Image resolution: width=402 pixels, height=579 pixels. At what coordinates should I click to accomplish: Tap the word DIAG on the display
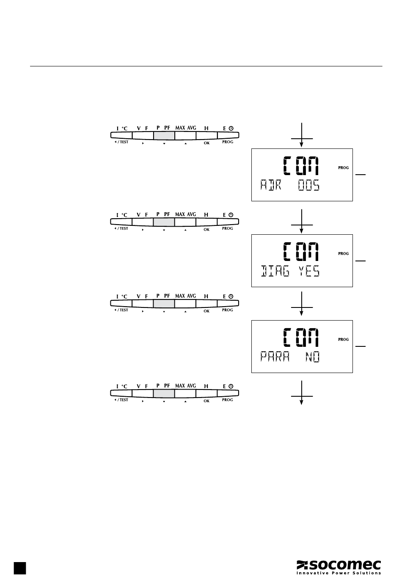click(275, 271)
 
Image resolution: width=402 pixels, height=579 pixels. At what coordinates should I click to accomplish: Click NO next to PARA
click(313, 357)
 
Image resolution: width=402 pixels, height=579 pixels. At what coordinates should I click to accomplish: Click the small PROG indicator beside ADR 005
click(343, 168)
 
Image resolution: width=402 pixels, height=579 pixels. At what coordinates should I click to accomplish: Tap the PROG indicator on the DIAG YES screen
click(343, 254)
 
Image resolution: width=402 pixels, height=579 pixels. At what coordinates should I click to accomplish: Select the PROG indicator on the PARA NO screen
click(343, 340)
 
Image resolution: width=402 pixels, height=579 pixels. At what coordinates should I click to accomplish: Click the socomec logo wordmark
click(339, 565)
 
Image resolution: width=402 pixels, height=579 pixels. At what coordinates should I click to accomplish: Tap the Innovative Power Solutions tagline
click(339, 573)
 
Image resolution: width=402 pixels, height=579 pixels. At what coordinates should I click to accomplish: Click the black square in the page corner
click(19, 568)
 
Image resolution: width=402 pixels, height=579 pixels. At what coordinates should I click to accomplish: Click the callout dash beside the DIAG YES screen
click(360, 261)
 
